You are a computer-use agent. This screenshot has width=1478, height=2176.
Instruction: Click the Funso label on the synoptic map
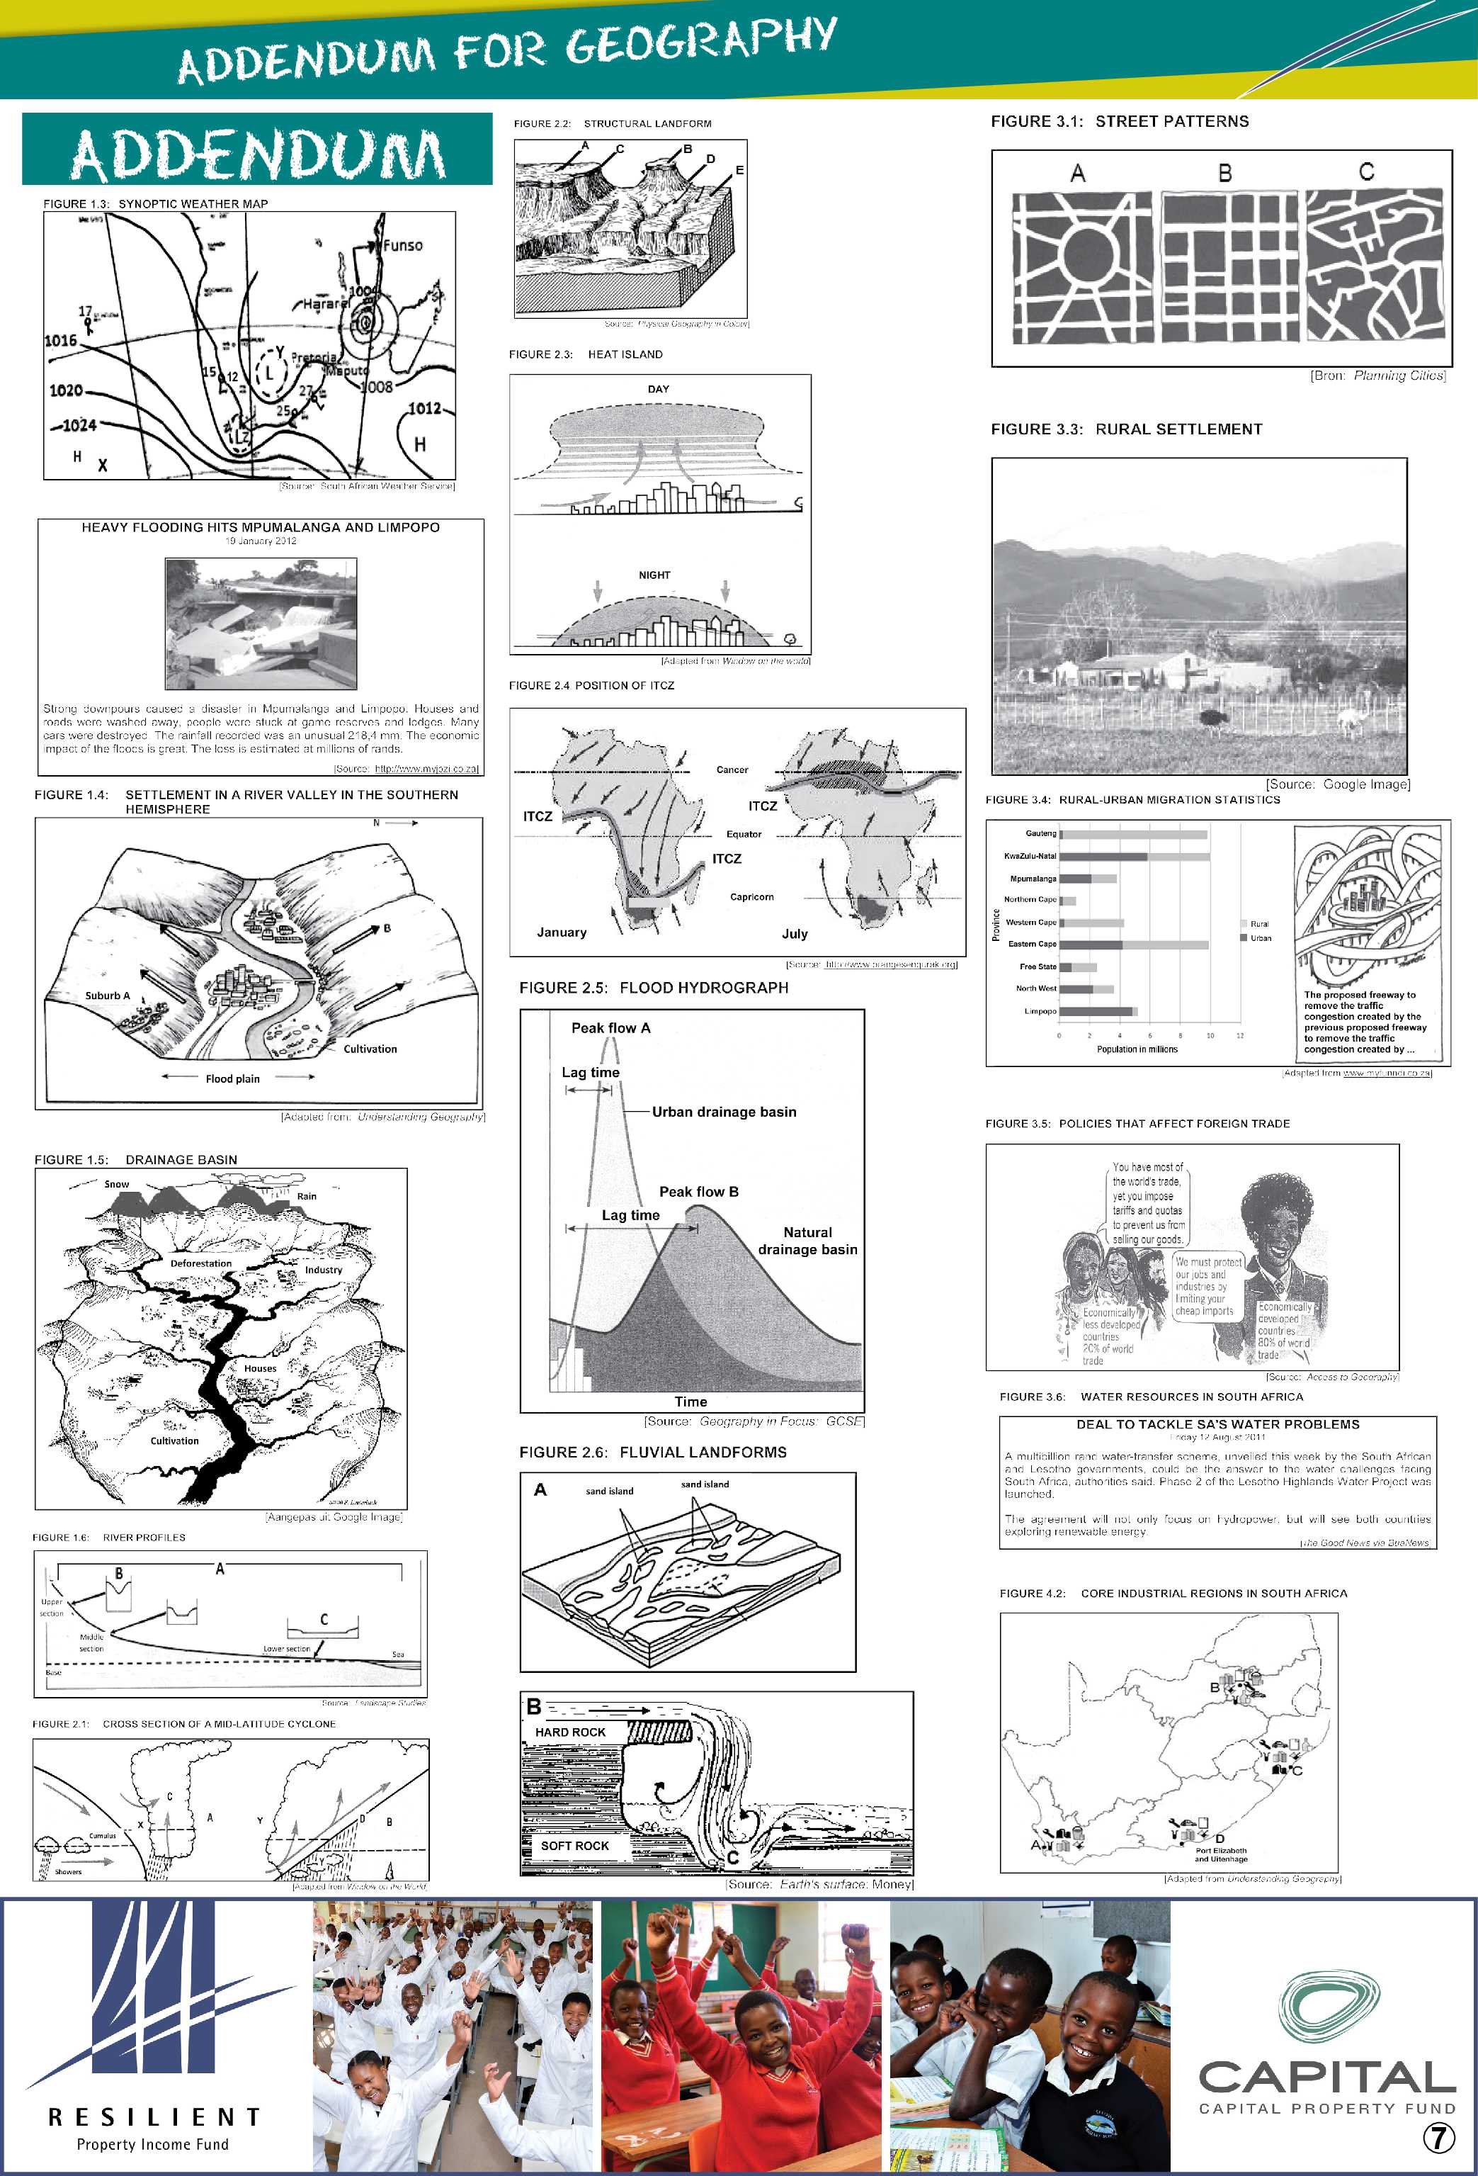tap(402, 245)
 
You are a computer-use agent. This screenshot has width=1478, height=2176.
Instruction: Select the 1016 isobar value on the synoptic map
tap(61, 340)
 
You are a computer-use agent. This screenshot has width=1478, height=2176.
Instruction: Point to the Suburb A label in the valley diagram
tap(108, 996)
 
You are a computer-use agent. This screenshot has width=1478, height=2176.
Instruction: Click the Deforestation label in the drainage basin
tap(200, 1263)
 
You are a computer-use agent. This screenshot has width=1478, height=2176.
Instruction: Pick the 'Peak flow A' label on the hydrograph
tap(610, 1028)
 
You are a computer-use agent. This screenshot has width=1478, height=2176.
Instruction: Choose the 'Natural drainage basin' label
tap(807, 1241)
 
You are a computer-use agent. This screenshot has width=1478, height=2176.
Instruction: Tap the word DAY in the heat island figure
tap(658, 388)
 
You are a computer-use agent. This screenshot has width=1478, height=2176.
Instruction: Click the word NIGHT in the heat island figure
tap(654, 575)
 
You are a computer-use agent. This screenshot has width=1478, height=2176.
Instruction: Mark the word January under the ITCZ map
tap(562, 932)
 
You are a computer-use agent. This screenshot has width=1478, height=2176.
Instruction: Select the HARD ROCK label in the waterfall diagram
tap(570, 1732)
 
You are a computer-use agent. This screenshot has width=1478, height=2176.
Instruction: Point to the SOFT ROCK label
tap(575, 1846)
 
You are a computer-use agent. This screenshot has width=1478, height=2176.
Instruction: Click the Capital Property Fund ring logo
tap(1329, 2007)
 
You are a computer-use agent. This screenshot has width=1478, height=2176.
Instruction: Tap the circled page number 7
tap(1438, 2136)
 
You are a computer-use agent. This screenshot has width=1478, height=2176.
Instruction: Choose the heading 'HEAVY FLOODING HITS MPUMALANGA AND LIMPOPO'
tap(260, 527)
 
